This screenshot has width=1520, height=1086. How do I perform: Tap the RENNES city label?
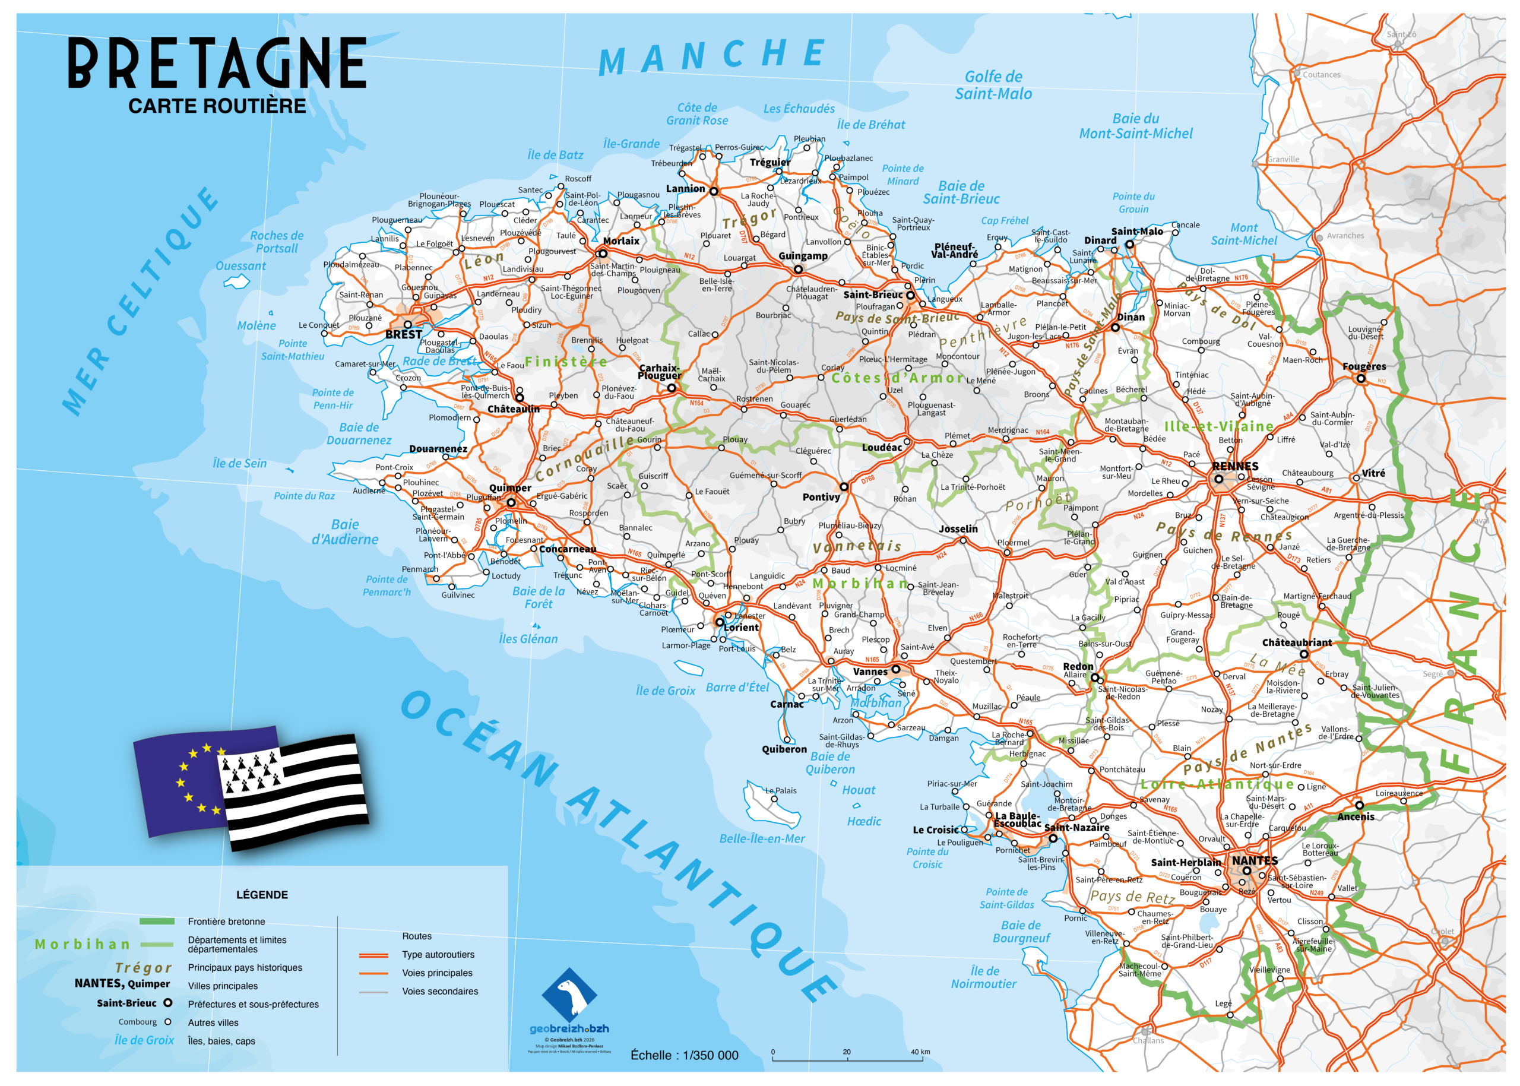[x=1234, y=466]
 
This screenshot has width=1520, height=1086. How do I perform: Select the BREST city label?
[x=403, y=334]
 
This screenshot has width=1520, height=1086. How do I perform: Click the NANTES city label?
[x=1255, y=860]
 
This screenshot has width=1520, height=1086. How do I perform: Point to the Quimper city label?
[x=509, y=488]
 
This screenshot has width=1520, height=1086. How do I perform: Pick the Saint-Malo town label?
[x=1137, y=232]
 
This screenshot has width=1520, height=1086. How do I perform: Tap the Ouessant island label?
[x=240, y=266]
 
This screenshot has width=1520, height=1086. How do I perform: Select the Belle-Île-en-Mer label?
[x=762, y=838]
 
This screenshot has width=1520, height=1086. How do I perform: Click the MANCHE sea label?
[x=711, y=56]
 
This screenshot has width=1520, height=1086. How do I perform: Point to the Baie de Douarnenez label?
[x=359, y=433]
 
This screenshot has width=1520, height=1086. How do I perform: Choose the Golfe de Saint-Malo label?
[x=993, y=85]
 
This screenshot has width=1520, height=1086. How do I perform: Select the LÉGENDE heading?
[x=261, y=895]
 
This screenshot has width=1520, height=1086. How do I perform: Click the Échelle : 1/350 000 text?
[x=684, y=1055]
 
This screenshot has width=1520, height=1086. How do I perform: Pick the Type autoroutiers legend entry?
[x=438, y=955]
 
